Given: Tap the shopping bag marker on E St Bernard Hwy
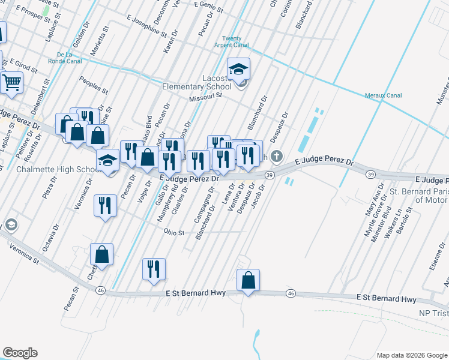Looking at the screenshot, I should pos(248,280).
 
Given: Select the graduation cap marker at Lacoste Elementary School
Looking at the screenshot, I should pos(238,69).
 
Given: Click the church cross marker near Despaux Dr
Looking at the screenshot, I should pos(276,157).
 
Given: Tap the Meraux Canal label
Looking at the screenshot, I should pos(384,95).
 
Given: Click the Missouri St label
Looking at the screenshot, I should pos(205,96).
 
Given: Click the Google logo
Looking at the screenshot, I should pos(20,353).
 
